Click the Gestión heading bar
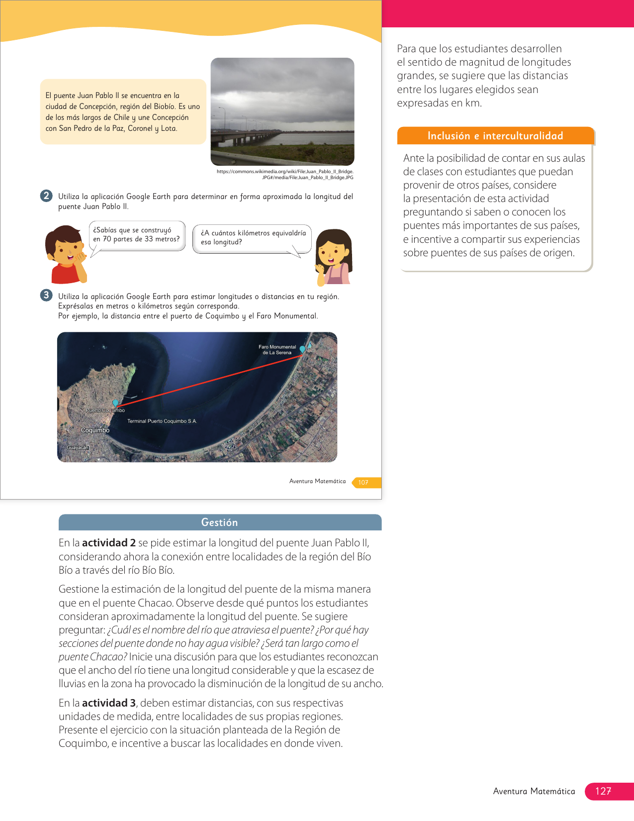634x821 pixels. [x=220, y=522]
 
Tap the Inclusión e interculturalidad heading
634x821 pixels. [x=495, y=136]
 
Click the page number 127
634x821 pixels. [x=603, y=791]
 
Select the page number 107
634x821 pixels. [x=363, y=482]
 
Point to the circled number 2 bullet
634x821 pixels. [x=46, y=196]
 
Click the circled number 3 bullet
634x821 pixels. [x=46, y=295]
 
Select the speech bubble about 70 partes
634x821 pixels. [x=137, y=235]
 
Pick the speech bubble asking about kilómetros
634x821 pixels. [x=253, y=238]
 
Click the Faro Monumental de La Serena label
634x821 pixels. [x=277, y=350]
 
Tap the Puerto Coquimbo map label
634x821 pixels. [x=105, y=410]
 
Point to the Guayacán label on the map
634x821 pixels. [x=78, y=448]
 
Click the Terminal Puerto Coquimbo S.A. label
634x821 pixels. [x=162, y=421]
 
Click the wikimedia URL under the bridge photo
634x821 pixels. [x=285, y=174]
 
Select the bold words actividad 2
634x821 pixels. [x=109, y=543]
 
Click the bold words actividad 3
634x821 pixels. [x=109, y=703]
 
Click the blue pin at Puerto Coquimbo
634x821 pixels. [x=115, y=403]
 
